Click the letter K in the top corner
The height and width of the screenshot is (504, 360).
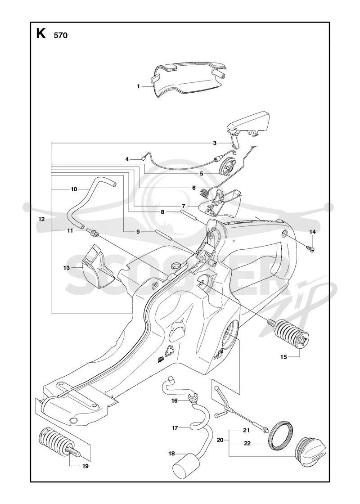click(x=41, y=33)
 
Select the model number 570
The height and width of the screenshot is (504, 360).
click(x=60, y=36)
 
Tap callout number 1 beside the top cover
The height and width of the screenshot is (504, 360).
click(x=139, y=86)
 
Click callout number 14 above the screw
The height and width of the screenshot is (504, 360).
click(x=312, y=232)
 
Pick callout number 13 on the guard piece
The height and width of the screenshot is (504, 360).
click(x=67, y=268)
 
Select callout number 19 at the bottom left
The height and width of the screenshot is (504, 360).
click(x=85, y=466)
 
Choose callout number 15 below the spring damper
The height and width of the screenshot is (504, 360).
click(x=283, y=357)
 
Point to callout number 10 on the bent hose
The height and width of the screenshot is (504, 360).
click(x=74, y=189)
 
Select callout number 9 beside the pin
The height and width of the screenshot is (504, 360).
click(x=138, y=231)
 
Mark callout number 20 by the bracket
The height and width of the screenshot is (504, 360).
click(x=220, y=440)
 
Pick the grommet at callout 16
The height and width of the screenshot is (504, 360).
click(x=194, y=400)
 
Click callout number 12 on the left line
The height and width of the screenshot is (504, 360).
click(x=41, y=219)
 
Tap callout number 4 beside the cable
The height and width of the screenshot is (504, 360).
click(x=127, y=159)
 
